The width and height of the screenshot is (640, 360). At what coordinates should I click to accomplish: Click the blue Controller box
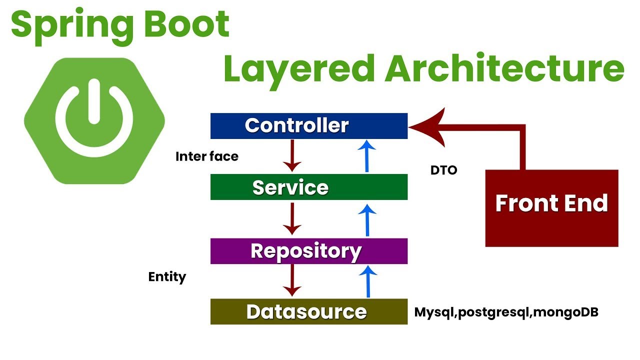308,126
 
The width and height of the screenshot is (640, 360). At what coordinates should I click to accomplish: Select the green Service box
308,187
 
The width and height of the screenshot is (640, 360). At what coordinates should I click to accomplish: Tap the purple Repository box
308,251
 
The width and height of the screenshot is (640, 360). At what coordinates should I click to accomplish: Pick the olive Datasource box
308,311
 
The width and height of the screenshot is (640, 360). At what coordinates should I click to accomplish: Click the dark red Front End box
551,208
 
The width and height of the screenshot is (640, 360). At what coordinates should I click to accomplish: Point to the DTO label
443,170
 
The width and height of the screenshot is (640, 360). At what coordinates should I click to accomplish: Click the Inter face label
206,156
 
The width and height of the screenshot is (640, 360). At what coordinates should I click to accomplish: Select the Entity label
167,277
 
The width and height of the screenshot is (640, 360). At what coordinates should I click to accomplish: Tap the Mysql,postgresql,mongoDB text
506,312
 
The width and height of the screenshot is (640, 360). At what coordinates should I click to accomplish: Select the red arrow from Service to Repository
292,218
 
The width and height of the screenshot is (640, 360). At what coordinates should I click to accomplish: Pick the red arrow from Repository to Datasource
292,280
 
